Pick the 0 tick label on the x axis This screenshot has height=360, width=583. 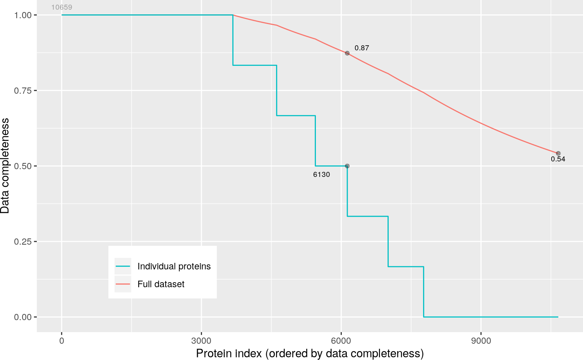62,341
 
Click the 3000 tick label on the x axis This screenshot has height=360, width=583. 201,341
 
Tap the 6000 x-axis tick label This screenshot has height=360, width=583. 341,341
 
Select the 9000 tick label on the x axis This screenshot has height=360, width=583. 480,341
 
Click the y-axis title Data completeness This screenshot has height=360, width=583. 5,166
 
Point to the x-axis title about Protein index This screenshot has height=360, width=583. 310,353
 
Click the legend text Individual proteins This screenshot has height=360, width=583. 174,266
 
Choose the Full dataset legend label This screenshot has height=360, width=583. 161,284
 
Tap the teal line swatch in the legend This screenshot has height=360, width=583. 123,266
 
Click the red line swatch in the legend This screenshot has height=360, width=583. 123,284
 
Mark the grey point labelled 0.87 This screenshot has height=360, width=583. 347,53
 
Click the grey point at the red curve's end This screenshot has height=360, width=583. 558,153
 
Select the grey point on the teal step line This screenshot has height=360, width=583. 347,166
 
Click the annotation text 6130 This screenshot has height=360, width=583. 321,175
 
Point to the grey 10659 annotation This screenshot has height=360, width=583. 62,7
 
